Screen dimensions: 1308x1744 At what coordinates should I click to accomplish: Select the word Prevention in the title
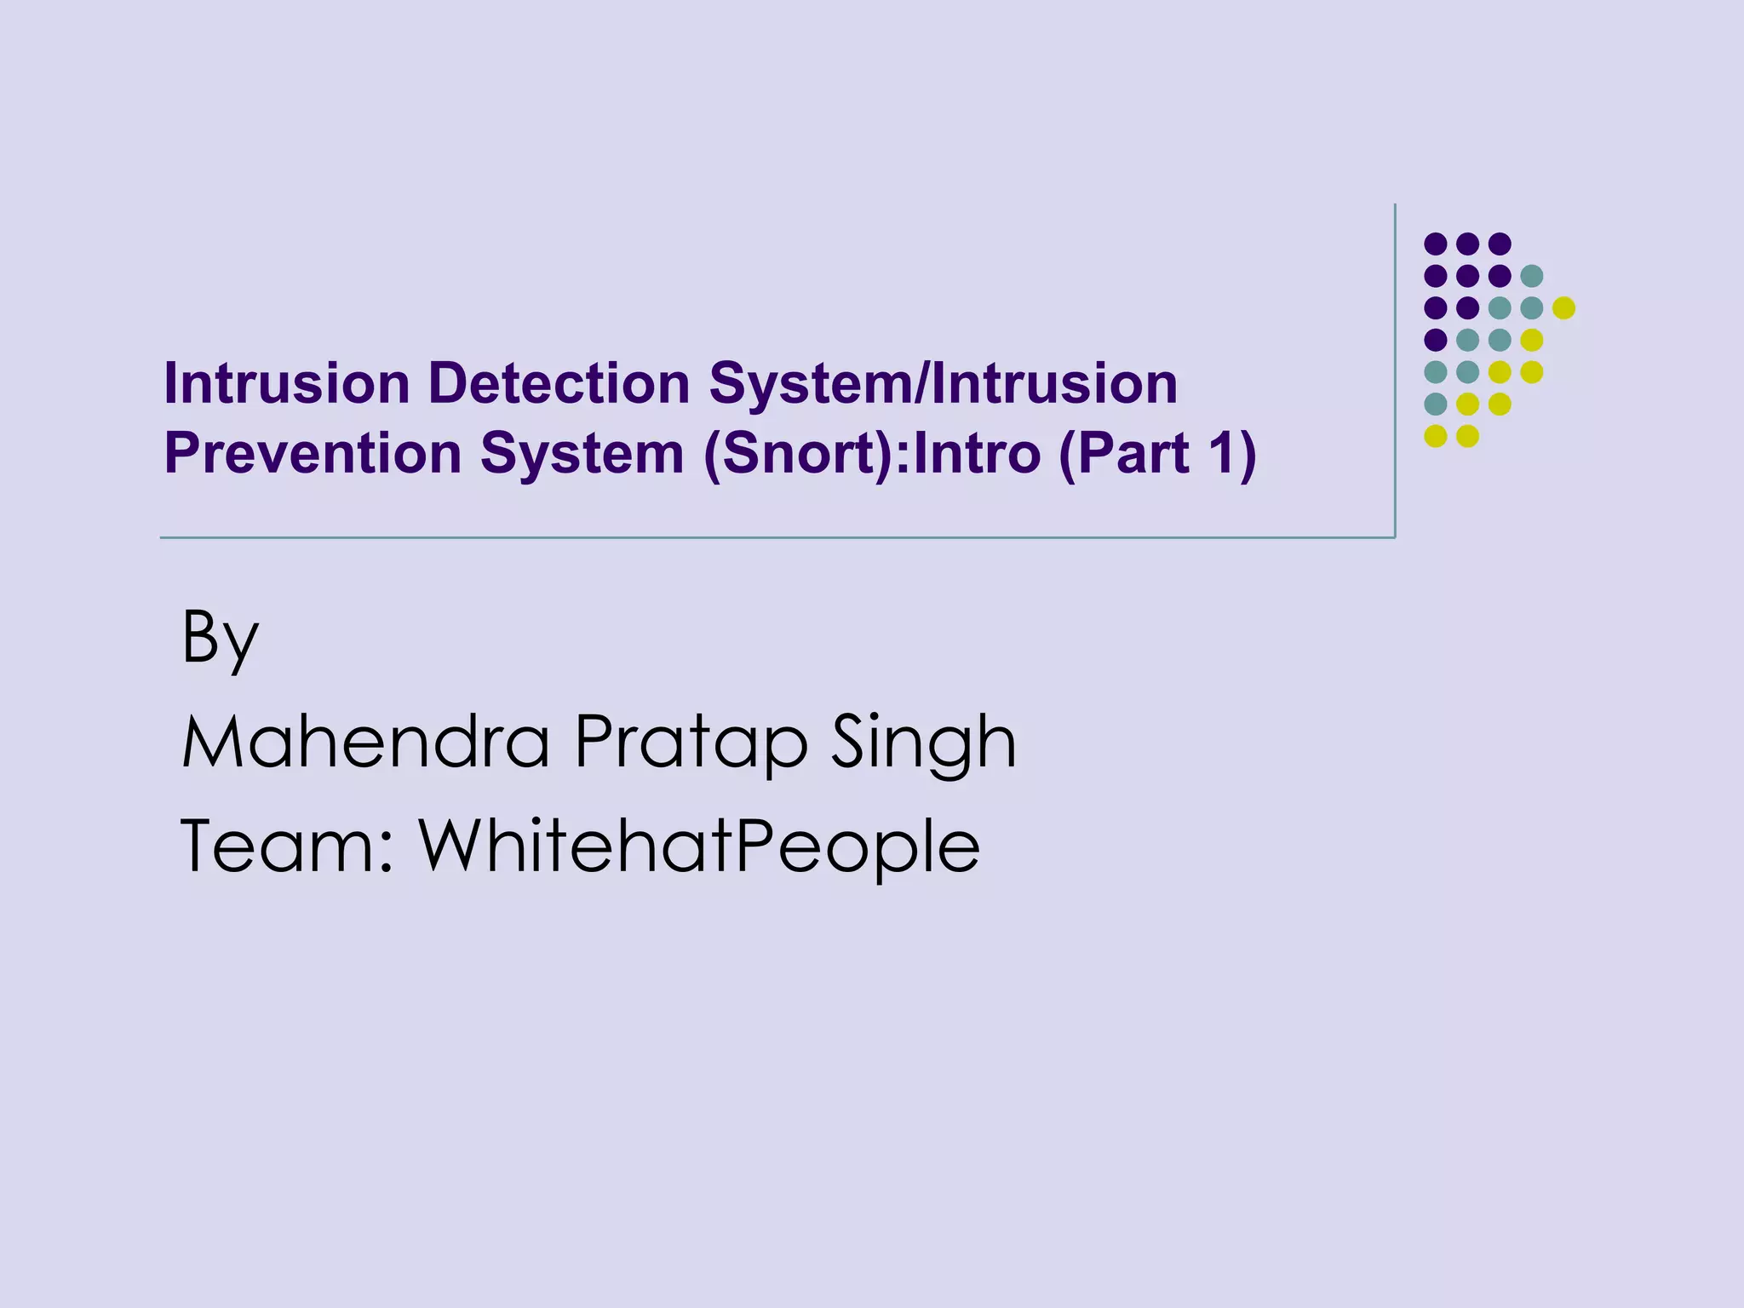pos(313,453)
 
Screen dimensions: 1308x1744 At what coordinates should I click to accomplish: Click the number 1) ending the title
pos(1231,453)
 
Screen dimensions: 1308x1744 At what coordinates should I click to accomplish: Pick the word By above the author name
pos(220,639)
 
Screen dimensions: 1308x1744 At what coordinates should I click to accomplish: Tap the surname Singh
pos(923,743)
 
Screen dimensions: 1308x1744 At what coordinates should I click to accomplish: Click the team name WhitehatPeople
pos(699,847)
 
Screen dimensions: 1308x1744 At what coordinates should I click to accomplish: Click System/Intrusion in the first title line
pos(944,383)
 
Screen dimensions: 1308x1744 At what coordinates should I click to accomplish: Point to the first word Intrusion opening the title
pos(287,383)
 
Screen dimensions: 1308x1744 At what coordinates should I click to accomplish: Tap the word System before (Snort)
pos(582,453)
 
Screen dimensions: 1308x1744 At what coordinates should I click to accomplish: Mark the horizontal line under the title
pos(766,537)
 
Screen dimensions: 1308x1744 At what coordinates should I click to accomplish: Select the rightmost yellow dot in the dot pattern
pos(1563,308)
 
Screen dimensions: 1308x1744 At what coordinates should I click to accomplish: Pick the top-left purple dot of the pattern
pos(1436,244)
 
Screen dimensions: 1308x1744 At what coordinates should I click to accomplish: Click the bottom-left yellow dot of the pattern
pos(1436,436)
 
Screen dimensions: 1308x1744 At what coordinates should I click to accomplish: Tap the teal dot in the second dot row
pos(1532,276)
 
